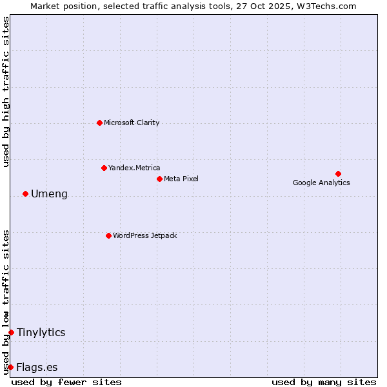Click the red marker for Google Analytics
338,174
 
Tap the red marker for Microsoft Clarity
99,123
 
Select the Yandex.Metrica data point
104,168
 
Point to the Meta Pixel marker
159,179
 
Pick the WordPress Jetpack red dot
108,235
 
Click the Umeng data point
25,193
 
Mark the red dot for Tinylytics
11,332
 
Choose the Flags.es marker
10,367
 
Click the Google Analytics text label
321,183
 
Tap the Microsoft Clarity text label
132,123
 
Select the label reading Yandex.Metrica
134,168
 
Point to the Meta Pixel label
181,179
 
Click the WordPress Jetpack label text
144,235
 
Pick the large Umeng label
49,194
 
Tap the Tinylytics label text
41,333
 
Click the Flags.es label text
37,368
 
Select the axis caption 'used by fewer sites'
66,382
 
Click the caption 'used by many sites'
324,382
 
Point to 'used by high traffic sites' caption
6,92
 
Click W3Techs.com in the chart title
328,6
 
